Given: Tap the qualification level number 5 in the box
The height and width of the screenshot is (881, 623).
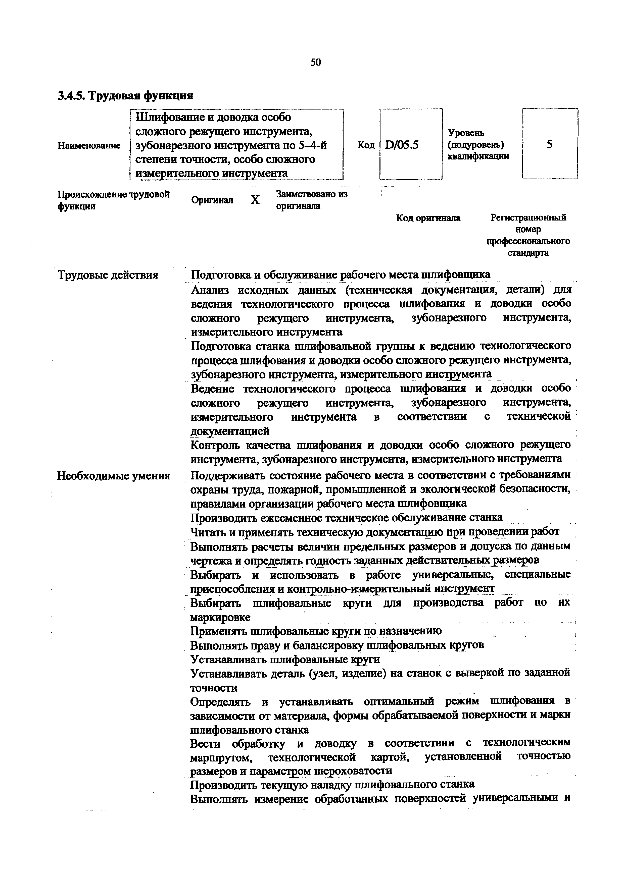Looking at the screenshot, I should (x=549, y=144).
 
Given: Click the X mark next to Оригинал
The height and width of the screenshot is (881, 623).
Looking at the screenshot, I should (x=255, y=200).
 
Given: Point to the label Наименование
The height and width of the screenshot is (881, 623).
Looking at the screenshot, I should (x=89, y=145).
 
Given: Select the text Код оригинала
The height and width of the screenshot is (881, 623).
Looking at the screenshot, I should (x=428, y=218).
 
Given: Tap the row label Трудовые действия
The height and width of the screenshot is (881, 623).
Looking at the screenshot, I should (x=108, y=275).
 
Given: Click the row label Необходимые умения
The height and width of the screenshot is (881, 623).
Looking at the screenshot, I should (x=114, y=476).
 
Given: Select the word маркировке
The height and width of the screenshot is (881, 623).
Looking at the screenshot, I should (x=220, y=617).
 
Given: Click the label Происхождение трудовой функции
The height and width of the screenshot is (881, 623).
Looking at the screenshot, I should (x=113, y=200).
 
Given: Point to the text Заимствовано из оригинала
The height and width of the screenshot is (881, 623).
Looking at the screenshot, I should (x=311, y=200).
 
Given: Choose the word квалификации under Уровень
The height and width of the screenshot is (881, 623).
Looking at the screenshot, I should (x=478, y=156).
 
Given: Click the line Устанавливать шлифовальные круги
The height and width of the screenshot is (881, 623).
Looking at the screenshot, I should (x=285, y=659).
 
